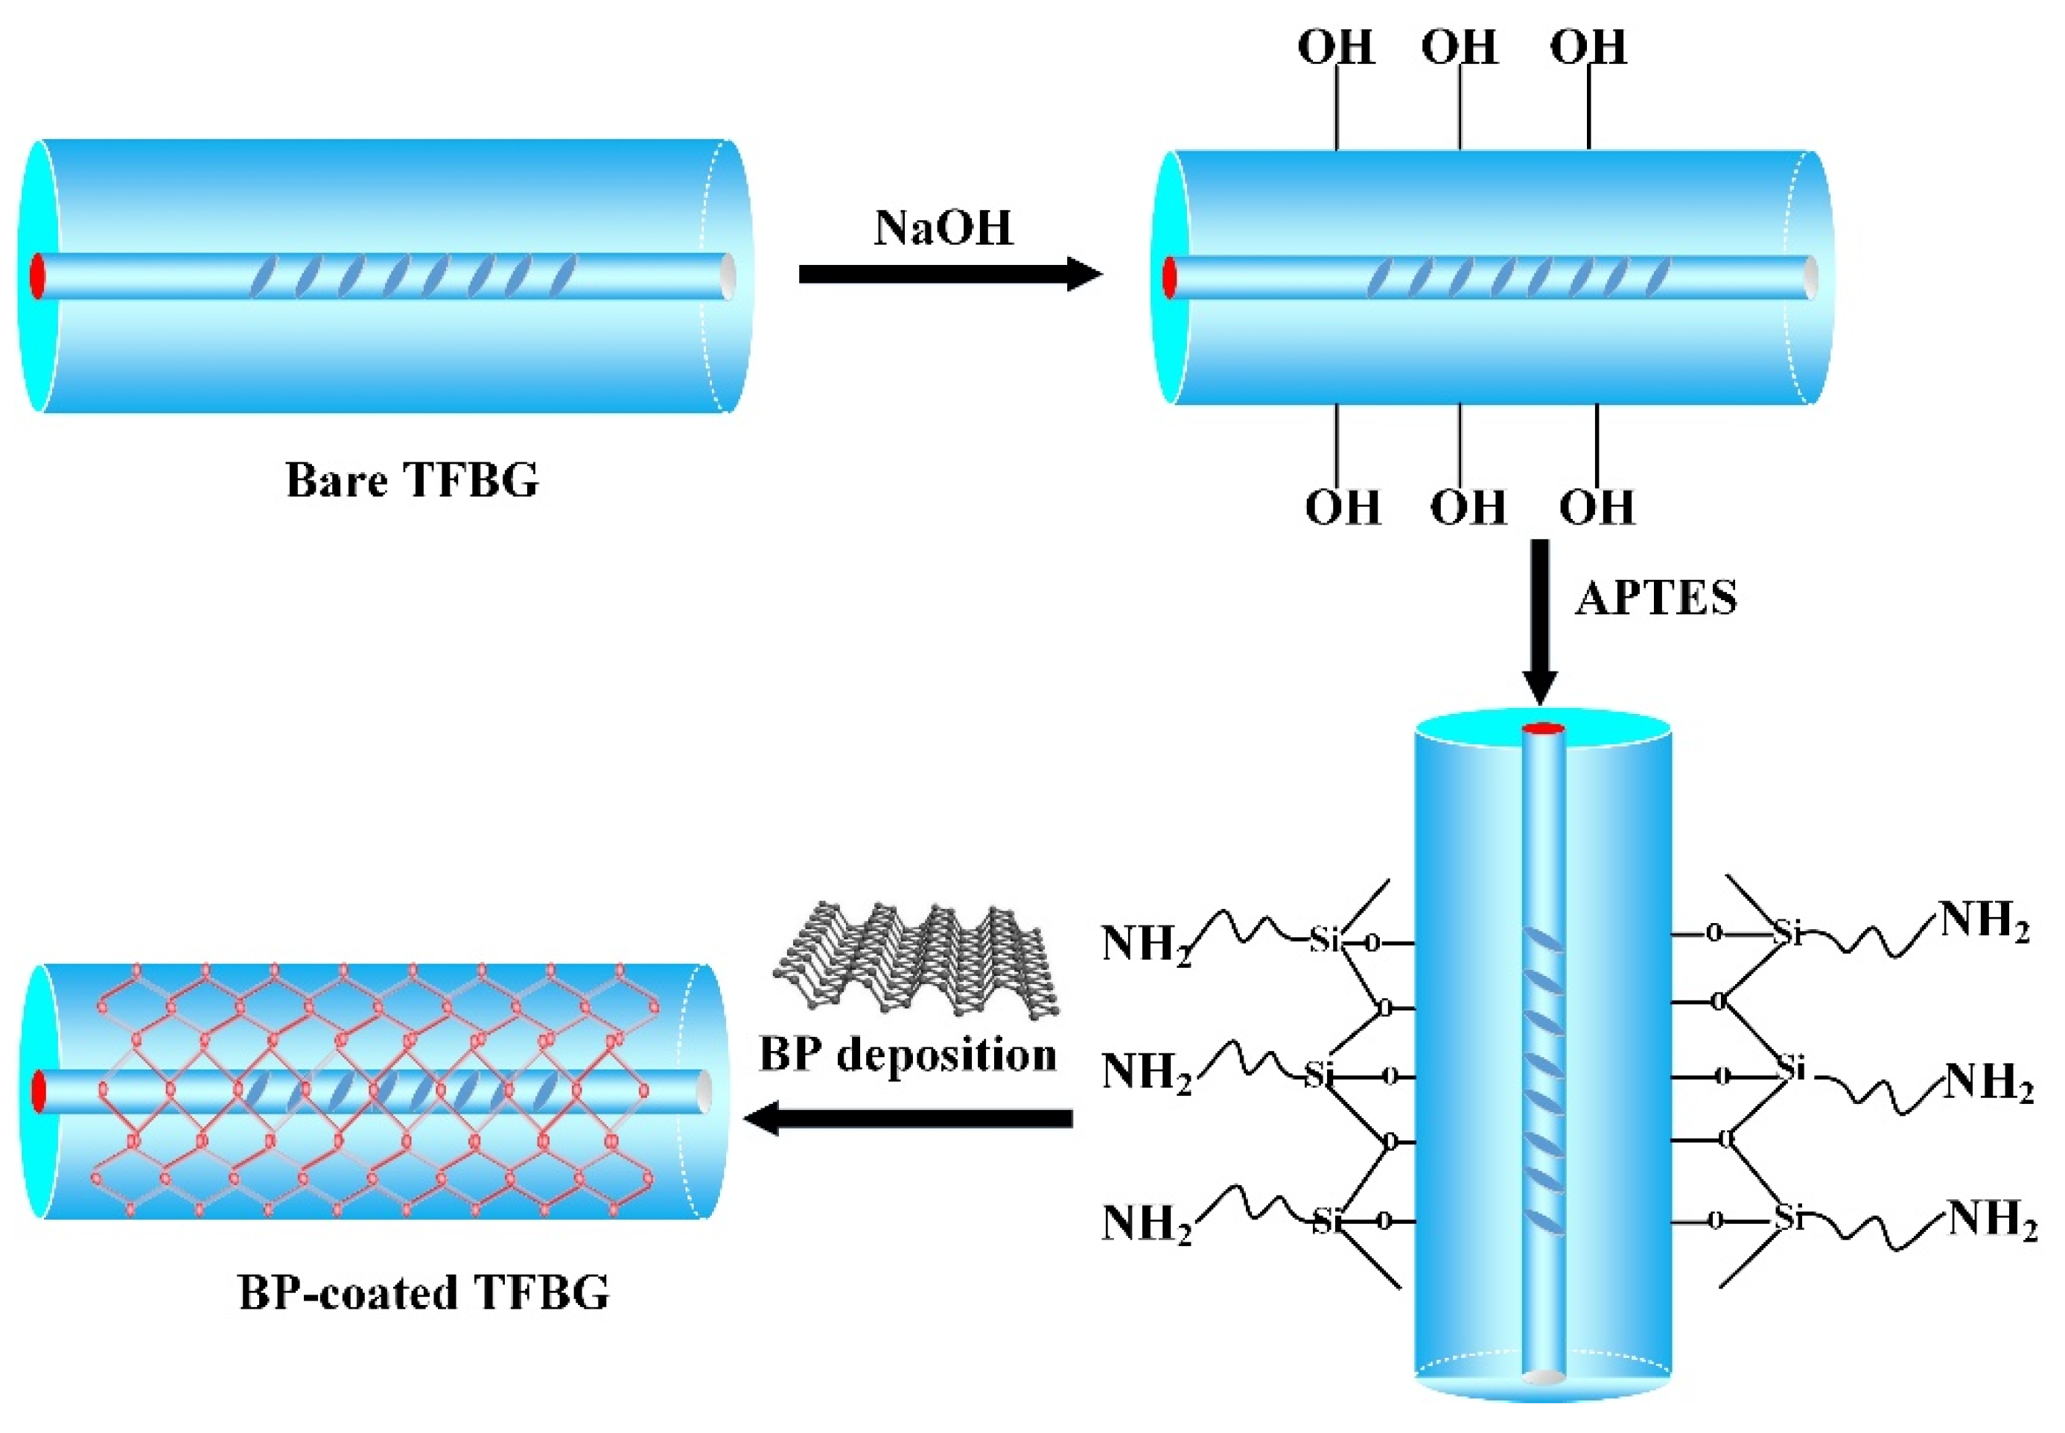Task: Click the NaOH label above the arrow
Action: pyautogui.click(x=942, y=228)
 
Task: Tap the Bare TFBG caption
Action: pyautogui.click(x=413, y=479)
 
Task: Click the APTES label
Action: pyautogui.click(x=1656, y=597)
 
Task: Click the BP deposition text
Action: pyautogui.click(x=907, y=1054)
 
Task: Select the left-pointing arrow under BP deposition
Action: pyautogui.click(x=907, y=1118)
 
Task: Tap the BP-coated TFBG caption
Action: pyautogui.click(x=424, y=1294)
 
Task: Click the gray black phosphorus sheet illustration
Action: pyautogui.click(x=916, y=961)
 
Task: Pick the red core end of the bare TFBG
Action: pyautogui.click(x=36, y=275)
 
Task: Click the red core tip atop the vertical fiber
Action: pyautogui.click(x=1543, y=729)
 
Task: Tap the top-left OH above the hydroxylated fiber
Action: pyautogui.click(x=1336, y=47)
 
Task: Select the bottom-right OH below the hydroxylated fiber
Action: pyautogui.click(x=1596, y=507)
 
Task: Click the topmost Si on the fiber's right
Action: pyautogui.click(x=1788, y=933)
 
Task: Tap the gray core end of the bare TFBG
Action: pyautogui.click(x=727, y=275)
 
